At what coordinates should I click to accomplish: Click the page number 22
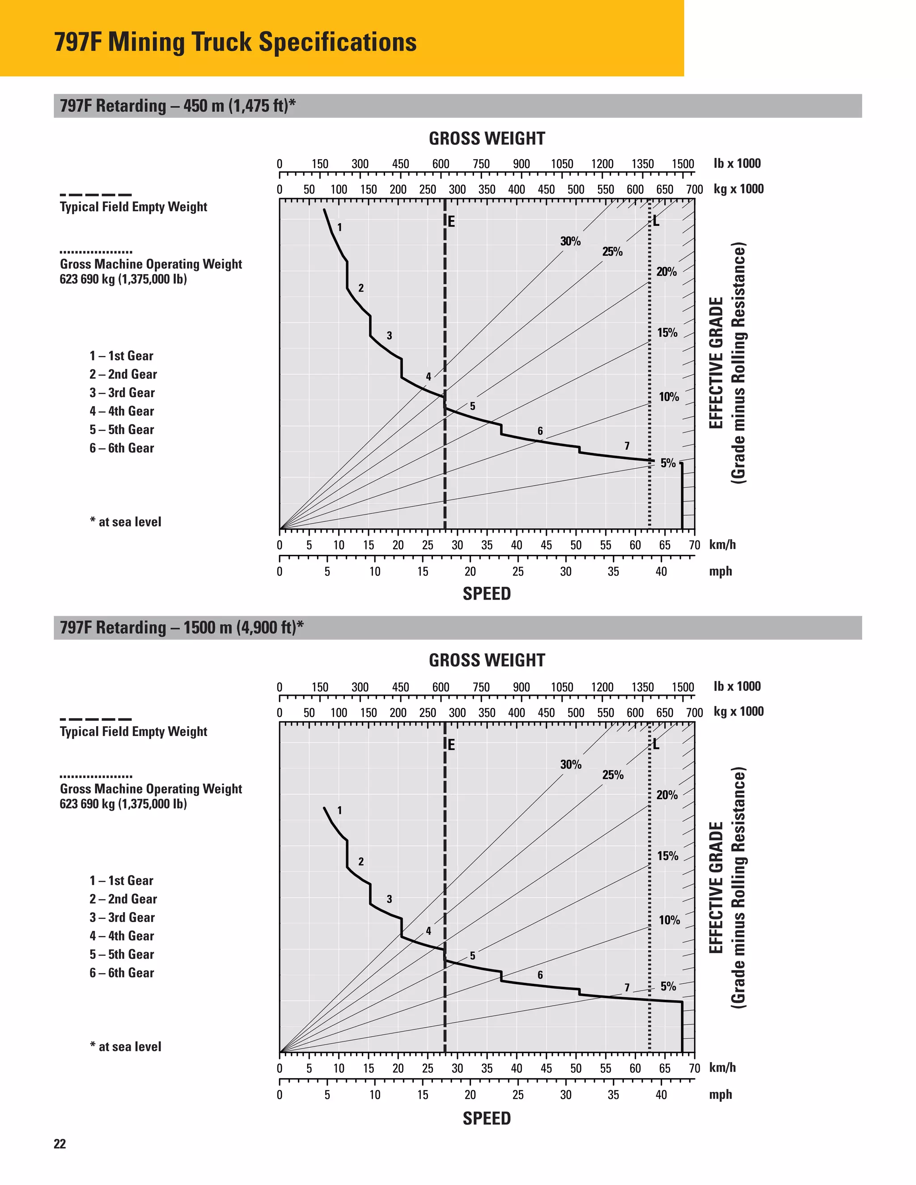59,1144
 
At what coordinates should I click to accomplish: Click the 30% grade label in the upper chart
570,241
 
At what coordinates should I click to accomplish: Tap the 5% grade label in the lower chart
668,986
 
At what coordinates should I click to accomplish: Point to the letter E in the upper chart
451,221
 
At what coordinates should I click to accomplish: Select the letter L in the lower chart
656,744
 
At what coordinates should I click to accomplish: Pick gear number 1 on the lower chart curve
340,810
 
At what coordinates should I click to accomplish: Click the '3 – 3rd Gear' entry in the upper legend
122,393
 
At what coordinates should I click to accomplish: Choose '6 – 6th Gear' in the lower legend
122,973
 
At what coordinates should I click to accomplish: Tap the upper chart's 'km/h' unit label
722,545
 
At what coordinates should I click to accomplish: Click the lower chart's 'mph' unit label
720,1094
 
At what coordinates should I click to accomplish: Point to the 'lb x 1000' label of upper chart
737,163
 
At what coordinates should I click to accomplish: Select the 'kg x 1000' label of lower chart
738,711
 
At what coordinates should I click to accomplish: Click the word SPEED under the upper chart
487,593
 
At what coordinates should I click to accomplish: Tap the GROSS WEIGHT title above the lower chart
487,660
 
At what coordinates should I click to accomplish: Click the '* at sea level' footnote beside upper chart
126,522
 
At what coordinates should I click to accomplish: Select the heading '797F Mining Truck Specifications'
236,42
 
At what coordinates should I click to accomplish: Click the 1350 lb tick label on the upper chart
643,164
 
